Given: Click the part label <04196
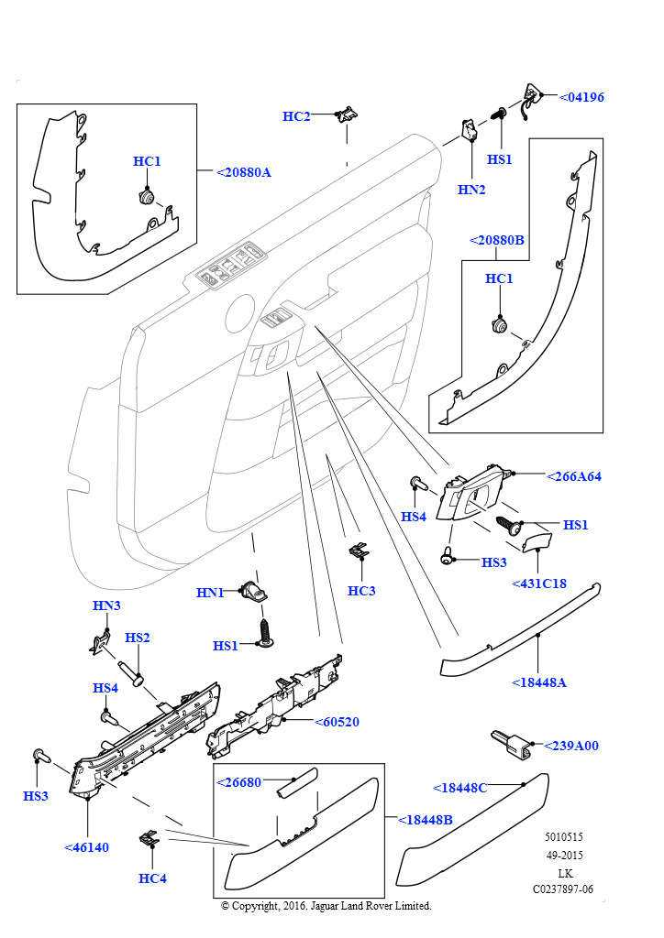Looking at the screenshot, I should pos(581,97).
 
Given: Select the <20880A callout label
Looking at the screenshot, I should pos(244,172).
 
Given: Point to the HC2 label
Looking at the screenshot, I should pos(296,116).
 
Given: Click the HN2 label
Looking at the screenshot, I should pos(471,190).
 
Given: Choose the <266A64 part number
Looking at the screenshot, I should pos(574,476).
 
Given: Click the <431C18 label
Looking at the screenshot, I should pos(539,584).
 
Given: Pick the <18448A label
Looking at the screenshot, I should pos(539,682).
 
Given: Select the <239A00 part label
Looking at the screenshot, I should pos(571,746).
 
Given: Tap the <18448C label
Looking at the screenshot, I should pos(459,787).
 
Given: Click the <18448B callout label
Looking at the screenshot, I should pos(426,820).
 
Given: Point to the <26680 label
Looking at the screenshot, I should pos(239,782).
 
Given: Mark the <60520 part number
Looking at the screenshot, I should pos(337,722).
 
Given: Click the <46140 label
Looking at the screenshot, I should pos(86,847).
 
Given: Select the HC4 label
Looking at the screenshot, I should pos(152,878).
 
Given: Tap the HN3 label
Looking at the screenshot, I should pos(106,605).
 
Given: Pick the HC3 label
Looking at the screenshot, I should pos(361,591).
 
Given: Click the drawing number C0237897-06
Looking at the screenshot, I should pos(563,889).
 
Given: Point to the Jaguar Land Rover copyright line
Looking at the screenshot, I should pos(326,905).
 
